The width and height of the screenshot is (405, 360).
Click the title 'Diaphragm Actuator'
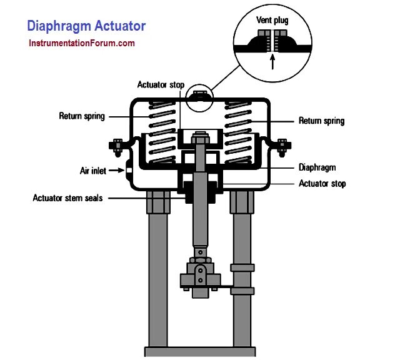coord(86,26)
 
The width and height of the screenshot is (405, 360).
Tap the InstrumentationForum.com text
coord(81,44)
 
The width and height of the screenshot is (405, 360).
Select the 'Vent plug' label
coord(272,21)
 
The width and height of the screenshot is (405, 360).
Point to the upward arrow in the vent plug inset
coord(272,61)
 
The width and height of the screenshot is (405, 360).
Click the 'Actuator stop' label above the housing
coord(161,85)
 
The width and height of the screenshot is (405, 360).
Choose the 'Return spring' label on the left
coord(82,116)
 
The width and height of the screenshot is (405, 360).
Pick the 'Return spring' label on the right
coord(321,121)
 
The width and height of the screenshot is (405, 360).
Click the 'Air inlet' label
coord(92,170)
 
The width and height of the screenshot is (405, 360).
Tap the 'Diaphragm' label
coord(317,167)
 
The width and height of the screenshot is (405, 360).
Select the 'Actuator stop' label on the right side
coord(322,184)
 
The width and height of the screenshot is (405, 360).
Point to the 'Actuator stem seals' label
coord(67,198)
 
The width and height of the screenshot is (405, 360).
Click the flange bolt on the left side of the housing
coord(117,147)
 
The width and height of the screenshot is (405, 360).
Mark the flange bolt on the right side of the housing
coord(281,147)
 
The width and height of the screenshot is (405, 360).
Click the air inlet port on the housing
coord(127,169)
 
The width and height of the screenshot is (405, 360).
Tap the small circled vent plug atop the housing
coord(199,96)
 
